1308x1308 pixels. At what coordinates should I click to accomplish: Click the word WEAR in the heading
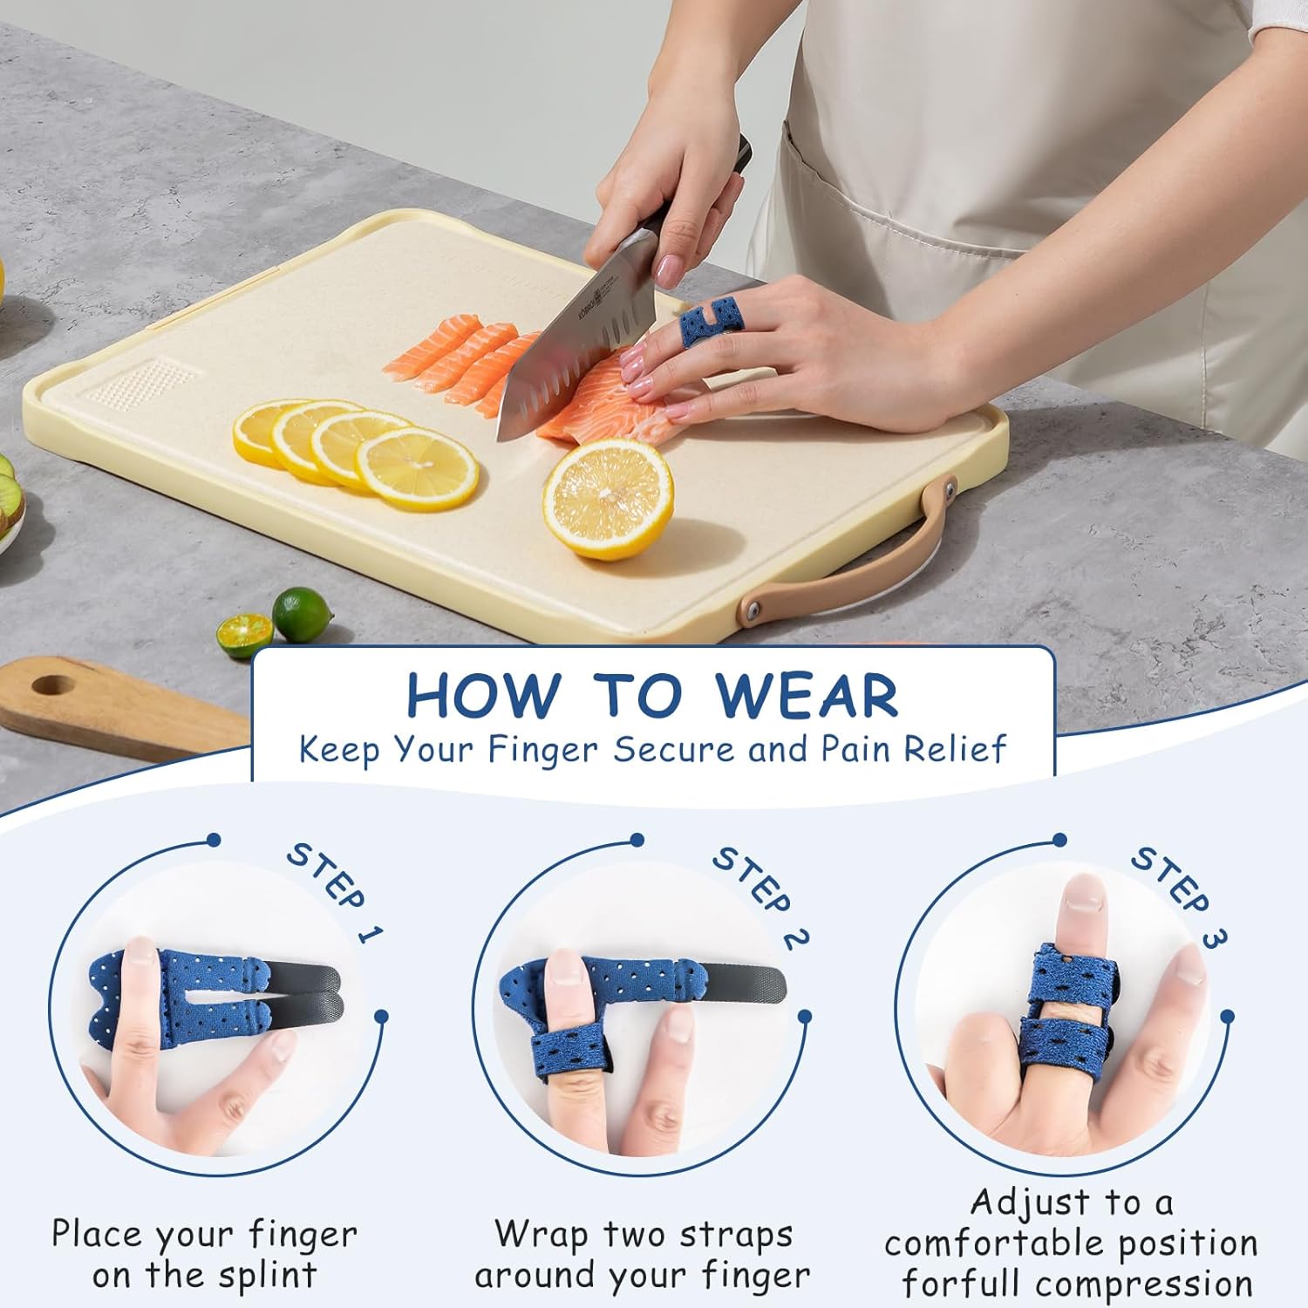(x=807, y=696)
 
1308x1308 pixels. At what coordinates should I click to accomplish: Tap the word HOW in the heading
(x=483, y=696)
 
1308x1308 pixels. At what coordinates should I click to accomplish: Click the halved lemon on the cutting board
(x=608, y=498)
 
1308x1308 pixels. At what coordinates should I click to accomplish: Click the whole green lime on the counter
(x=303, y=614)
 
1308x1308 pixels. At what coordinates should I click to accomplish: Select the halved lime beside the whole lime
(x=244, y=634)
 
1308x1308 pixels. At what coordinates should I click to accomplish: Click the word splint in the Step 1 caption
(x=267, y=1277)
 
